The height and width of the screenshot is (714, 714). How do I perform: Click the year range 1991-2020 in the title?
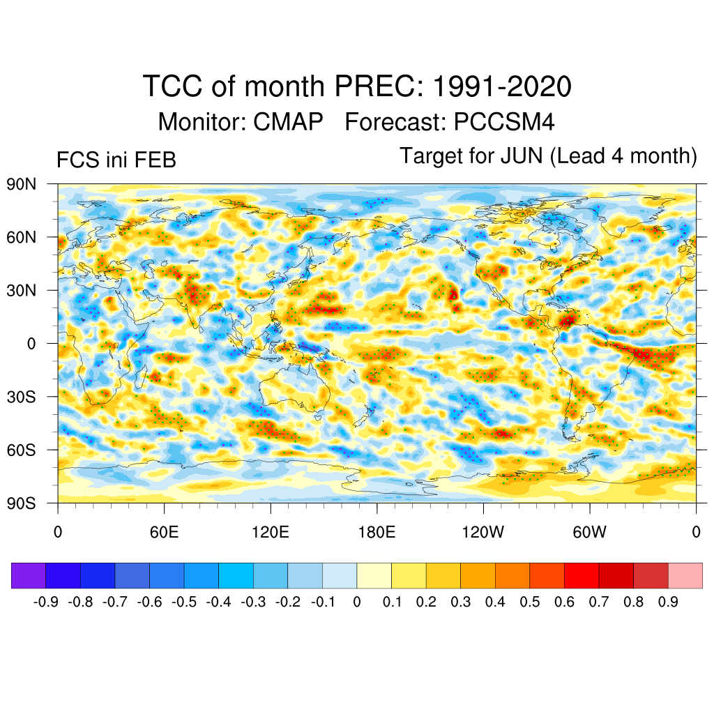(502, 87)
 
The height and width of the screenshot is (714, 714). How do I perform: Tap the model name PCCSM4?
(504, 122)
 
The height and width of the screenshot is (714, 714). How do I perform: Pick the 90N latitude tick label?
(21, 185)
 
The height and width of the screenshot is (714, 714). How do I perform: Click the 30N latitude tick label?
(21, 291)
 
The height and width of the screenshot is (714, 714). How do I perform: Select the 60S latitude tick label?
(21, 450)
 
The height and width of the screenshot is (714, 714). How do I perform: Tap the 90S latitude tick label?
(21, 503)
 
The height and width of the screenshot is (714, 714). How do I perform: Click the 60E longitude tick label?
(164, 533)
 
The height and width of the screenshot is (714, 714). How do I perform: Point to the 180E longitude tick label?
(377, 533)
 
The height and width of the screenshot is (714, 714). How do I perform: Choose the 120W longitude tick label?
(483, 533)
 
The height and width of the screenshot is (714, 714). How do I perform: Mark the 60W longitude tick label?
(590, 533)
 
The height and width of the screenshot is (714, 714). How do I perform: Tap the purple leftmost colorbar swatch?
(29, 575)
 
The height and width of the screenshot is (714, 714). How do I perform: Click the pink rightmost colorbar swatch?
(685, 575)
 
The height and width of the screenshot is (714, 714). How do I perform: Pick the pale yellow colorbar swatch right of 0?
(374, 575)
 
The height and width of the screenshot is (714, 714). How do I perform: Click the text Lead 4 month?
(623, 155)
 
